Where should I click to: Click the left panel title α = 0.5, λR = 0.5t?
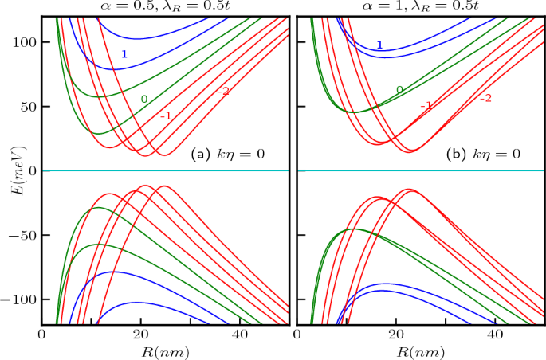[x=166, y=7]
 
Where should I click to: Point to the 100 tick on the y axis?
[x=25, y=41]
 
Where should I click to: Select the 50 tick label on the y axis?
[x=28, y=106]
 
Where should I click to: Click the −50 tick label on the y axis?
[x=23, y=235]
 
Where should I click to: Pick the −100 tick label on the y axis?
[x=20, y=299]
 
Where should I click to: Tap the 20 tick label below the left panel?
[x=141, y=335]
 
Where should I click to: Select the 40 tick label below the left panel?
[x=239, y=335]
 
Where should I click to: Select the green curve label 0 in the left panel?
[x=143, y=99]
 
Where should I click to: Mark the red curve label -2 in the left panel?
[x=222, y=92]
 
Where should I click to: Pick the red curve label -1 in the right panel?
[x=426, y=105]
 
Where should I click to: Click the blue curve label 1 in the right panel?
[x=379, y=45]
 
